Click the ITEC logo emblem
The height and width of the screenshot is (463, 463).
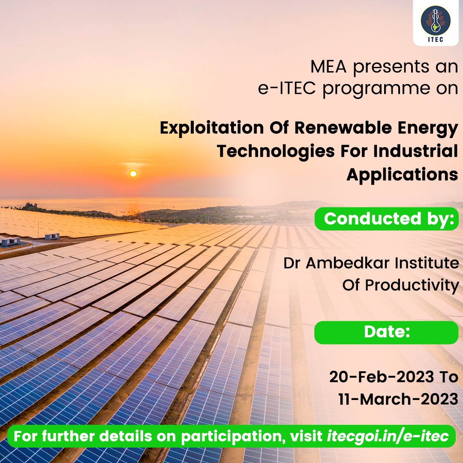click(x=433, y=21)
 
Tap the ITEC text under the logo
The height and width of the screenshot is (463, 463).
click(x=433, y=39)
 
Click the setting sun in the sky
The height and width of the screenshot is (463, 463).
click(x=133, y=174)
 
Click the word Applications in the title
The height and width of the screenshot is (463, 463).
click(x=402, y=174)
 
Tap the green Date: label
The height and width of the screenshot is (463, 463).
click(x=387, y=332)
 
